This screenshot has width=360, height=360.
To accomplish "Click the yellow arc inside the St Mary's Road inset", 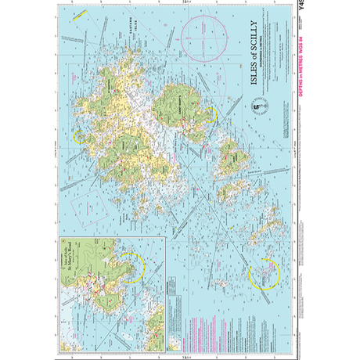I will (x=136, y=267).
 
